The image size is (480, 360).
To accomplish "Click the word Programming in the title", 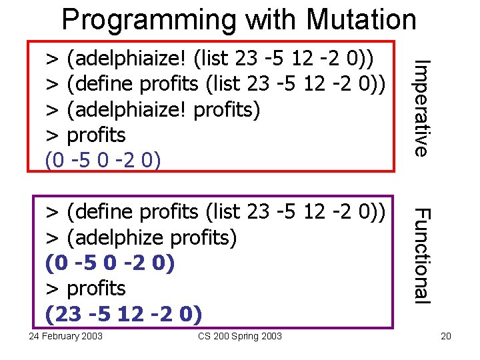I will pyautogui.click(x=149, y=19).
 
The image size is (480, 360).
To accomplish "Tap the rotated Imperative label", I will pyautogui.click(x=419, y=108).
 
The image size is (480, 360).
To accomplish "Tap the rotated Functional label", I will pyautogui.click(x=419, y=255).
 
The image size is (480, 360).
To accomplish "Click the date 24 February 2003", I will pyautogui.click(x=66, y=336).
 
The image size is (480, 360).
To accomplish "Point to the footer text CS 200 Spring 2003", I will pyautogui.click(x=239, y=336).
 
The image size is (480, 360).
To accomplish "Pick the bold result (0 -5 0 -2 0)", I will pyautogui.click(x=109, y=263).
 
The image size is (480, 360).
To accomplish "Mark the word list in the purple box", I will pyautogui.click(x=225, y=212).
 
